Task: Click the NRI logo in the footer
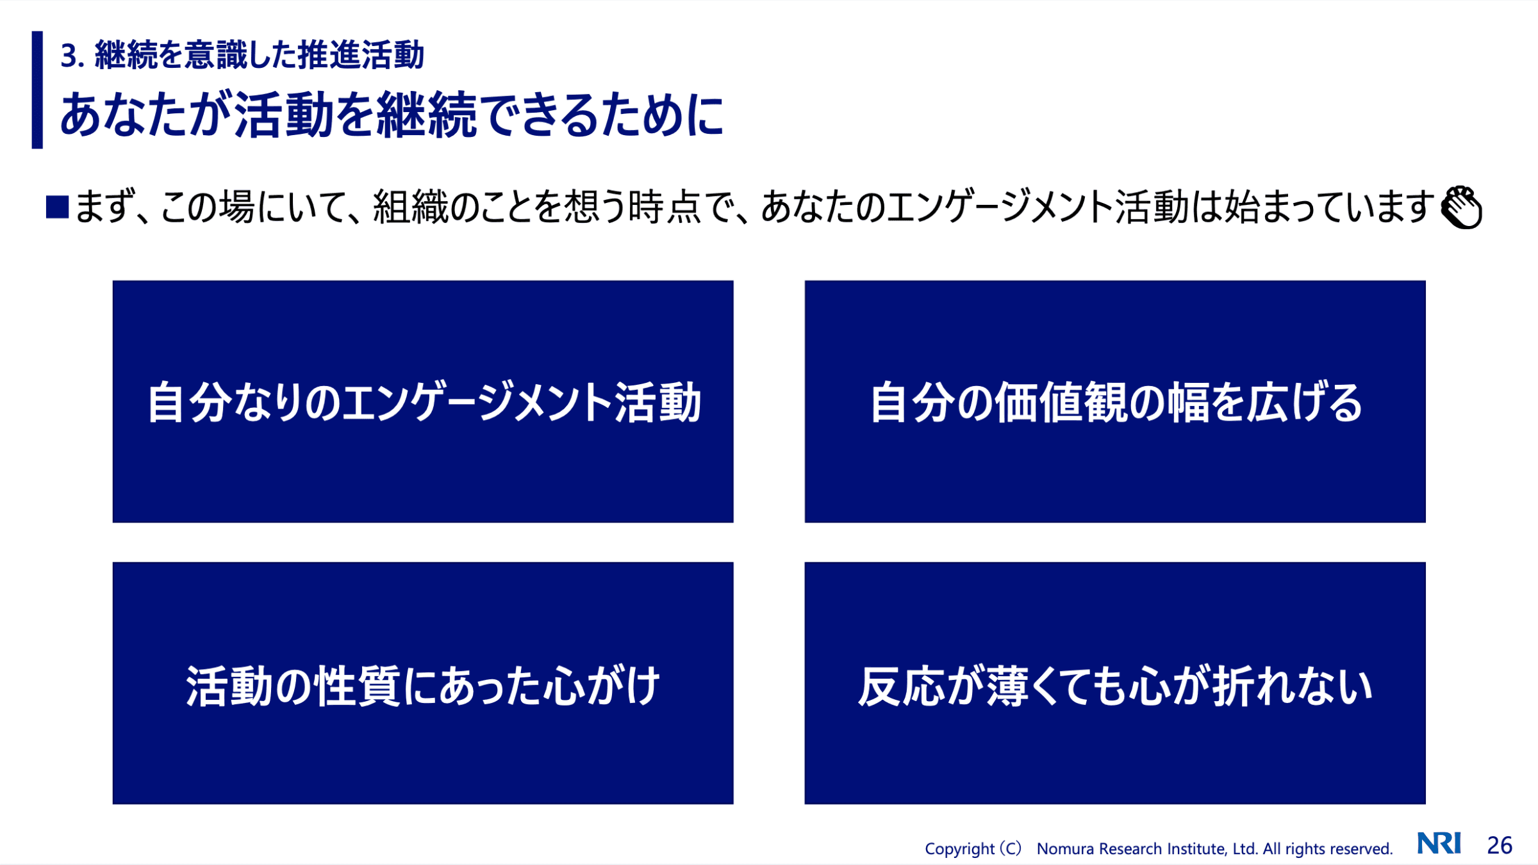click(1439, 843)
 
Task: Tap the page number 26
click(1500, 846)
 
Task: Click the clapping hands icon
click(1461, 207)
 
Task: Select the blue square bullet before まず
click(57, 207)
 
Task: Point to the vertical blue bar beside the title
click(37, 90)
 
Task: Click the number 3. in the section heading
click(72, 56)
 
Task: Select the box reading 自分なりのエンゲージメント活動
click(423, 401)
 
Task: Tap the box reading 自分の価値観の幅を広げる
click(1115, 401)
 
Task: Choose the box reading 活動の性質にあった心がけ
click(423, 683)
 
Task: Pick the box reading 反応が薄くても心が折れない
click(1115, 683)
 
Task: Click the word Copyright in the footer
click(959, 849)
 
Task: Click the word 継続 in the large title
click(427, 115)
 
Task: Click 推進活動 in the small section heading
click(361, 55)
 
